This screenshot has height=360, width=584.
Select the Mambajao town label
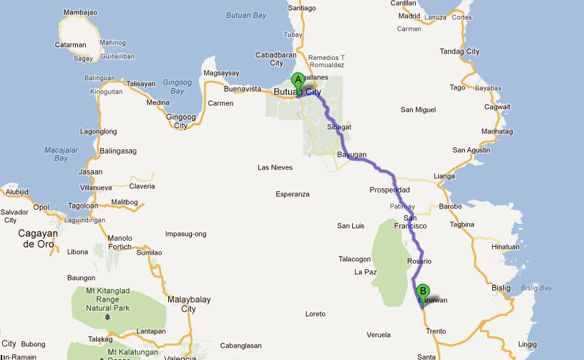(80, 13)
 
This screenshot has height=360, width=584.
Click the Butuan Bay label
(246, 14)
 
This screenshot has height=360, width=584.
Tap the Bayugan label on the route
(352, 155)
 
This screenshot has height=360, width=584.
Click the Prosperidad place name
(390, 190)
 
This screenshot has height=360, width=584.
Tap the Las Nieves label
(275, 167)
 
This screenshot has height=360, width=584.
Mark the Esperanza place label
(292, 194)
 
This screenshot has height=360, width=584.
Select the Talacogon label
(354, 259)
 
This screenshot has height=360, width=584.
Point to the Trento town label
(436, 331)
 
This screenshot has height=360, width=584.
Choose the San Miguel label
(419, 110)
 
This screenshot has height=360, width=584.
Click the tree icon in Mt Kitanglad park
(107, 317)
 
